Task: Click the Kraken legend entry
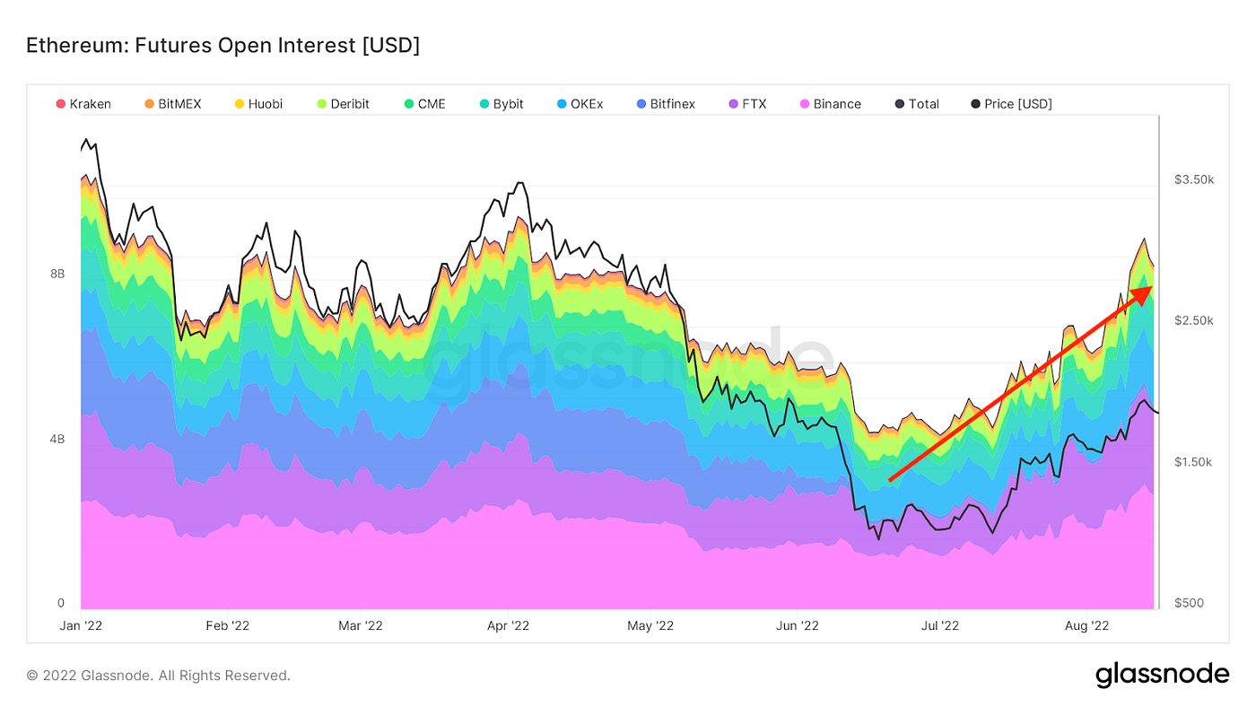point(84,104)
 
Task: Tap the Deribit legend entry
point(344,104)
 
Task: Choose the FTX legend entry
point(747,104)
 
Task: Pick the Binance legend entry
point(830,104)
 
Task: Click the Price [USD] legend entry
point(1011,104)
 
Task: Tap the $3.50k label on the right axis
point(1193,180)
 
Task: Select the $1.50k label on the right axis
point(1193,462)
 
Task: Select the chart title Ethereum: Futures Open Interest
point(222,45)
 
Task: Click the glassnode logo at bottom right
point(1162,675)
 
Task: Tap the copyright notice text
point(158,676)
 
